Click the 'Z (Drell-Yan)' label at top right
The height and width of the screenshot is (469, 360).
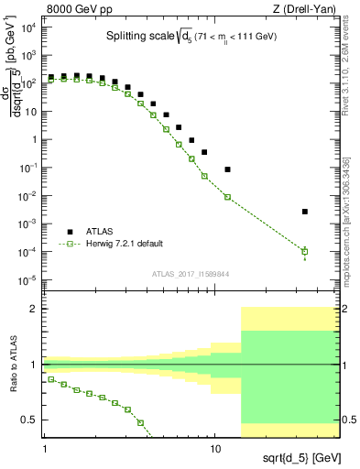click(x=307, y=8)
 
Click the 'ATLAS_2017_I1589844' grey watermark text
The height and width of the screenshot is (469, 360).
click(x=191, y=273)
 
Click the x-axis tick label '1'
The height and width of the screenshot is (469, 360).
click(x=45, y=449)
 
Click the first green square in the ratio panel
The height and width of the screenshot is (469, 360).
click(x=51, y=379)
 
